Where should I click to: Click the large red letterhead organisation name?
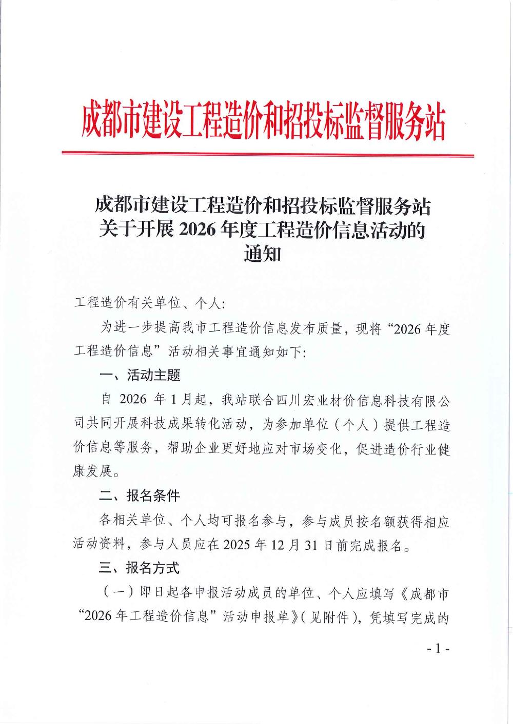[x=263, y=122]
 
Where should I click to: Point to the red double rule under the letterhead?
[x=267, y=154]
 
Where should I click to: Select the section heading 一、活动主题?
[x=140, y=376]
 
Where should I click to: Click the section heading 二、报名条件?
[x=140, y=496]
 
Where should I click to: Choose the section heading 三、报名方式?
[x=140, y=568]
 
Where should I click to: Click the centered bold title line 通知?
[x=262, y=254]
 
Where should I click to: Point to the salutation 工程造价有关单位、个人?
[x=149, y=303]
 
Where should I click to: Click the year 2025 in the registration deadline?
[x=237, y=545]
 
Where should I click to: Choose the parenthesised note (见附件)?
[x=332, y=617]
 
